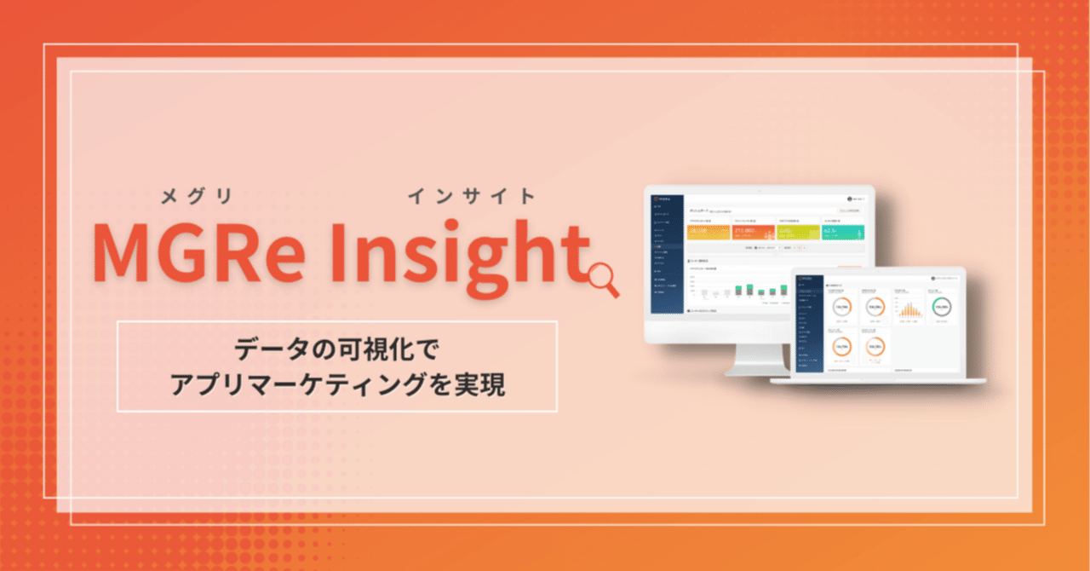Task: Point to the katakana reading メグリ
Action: [197, 198]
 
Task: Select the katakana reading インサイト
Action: [473, 198]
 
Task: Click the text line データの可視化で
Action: [337, 349]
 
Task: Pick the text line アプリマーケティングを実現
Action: [337, 384]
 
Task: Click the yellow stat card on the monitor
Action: [708, 232]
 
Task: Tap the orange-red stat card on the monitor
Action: [753, 232]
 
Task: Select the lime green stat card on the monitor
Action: [798, 232]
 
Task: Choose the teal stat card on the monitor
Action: [842, 232]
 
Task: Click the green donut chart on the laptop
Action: [941, 307]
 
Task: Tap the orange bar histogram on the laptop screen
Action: [909, 309]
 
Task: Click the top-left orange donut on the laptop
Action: [842, 307]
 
